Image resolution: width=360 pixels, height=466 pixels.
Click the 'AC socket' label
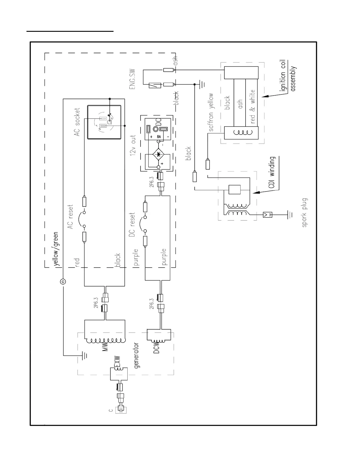click(77, 122)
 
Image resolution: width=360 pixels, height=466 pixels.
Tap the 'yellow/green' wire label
click(56, 249)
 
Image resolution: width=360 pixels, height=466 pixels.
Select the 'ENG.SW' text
click(132, 79)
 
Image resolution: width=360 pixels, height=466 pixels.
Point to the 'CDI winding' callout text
click(272, 172)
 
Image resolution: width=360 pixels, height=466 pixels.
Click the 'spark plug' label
click(304, 212)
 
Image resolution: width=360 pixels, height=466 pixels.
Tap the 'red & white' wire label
click(253, 106)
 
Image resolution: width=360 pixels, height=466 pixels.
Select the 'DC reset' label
click(132, 225)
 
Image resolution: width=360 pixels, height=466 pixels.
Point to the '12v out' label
click(133, 145)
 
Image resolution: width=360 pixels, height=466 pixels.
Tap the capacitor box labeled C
click(121, 409)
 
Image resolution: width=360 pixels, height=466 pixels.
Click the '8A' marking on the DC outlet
click(159, 137)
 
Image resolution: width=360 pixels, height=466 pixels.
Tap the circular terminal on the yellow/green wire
click(63, 282)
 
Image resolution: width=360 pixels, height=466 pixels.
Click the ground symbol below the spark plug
click(290, 214)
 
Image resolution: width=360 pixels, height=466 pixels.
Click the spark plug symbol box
click(267, 215)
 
